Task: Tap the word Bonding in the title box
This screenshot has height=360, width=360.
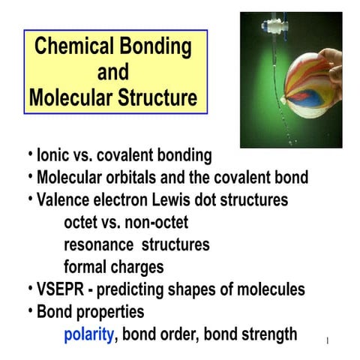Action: [x=155, y=48]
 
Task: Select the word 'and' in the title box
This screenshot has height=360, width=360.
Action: [x=113, y=73]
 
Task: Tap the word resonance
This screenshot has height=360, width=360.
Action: [x=98, y=244]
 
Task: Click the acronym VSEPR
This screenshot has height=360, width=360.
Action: [x=59, y=289]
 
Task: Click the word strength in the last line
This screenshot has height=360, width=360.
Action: [x=265, y=334]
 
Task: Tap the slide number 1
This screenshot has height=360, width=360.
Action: [x=328, y=341]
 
